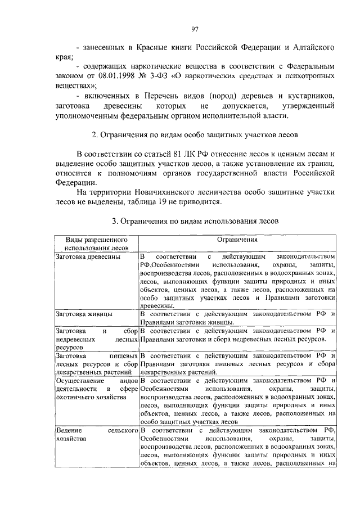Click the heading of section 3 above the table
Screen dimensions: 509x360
point(195,221)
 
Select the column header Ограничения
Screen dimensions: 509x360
point(237,240)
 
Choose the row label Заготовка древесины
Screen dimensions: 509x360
point(87,256)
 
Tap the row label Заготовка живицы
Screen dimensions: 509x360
point(83,314)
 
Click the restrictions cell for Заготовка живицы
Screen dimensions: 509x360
point(237,318)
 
